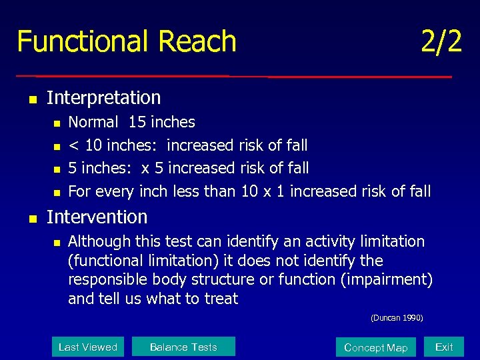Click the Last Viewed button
87,347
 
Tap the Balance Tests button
183,347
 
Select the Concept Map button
375,347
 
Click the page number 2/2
441,41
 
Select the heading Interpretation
103,98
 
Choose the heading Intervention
97,217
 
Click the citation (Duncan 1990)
397,318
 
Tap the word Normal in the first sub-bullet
93,122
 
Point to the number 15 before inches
137,122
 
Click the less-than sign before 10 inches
73,145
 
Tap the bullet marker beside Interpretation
31,99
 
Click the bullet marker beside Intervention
31,218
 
